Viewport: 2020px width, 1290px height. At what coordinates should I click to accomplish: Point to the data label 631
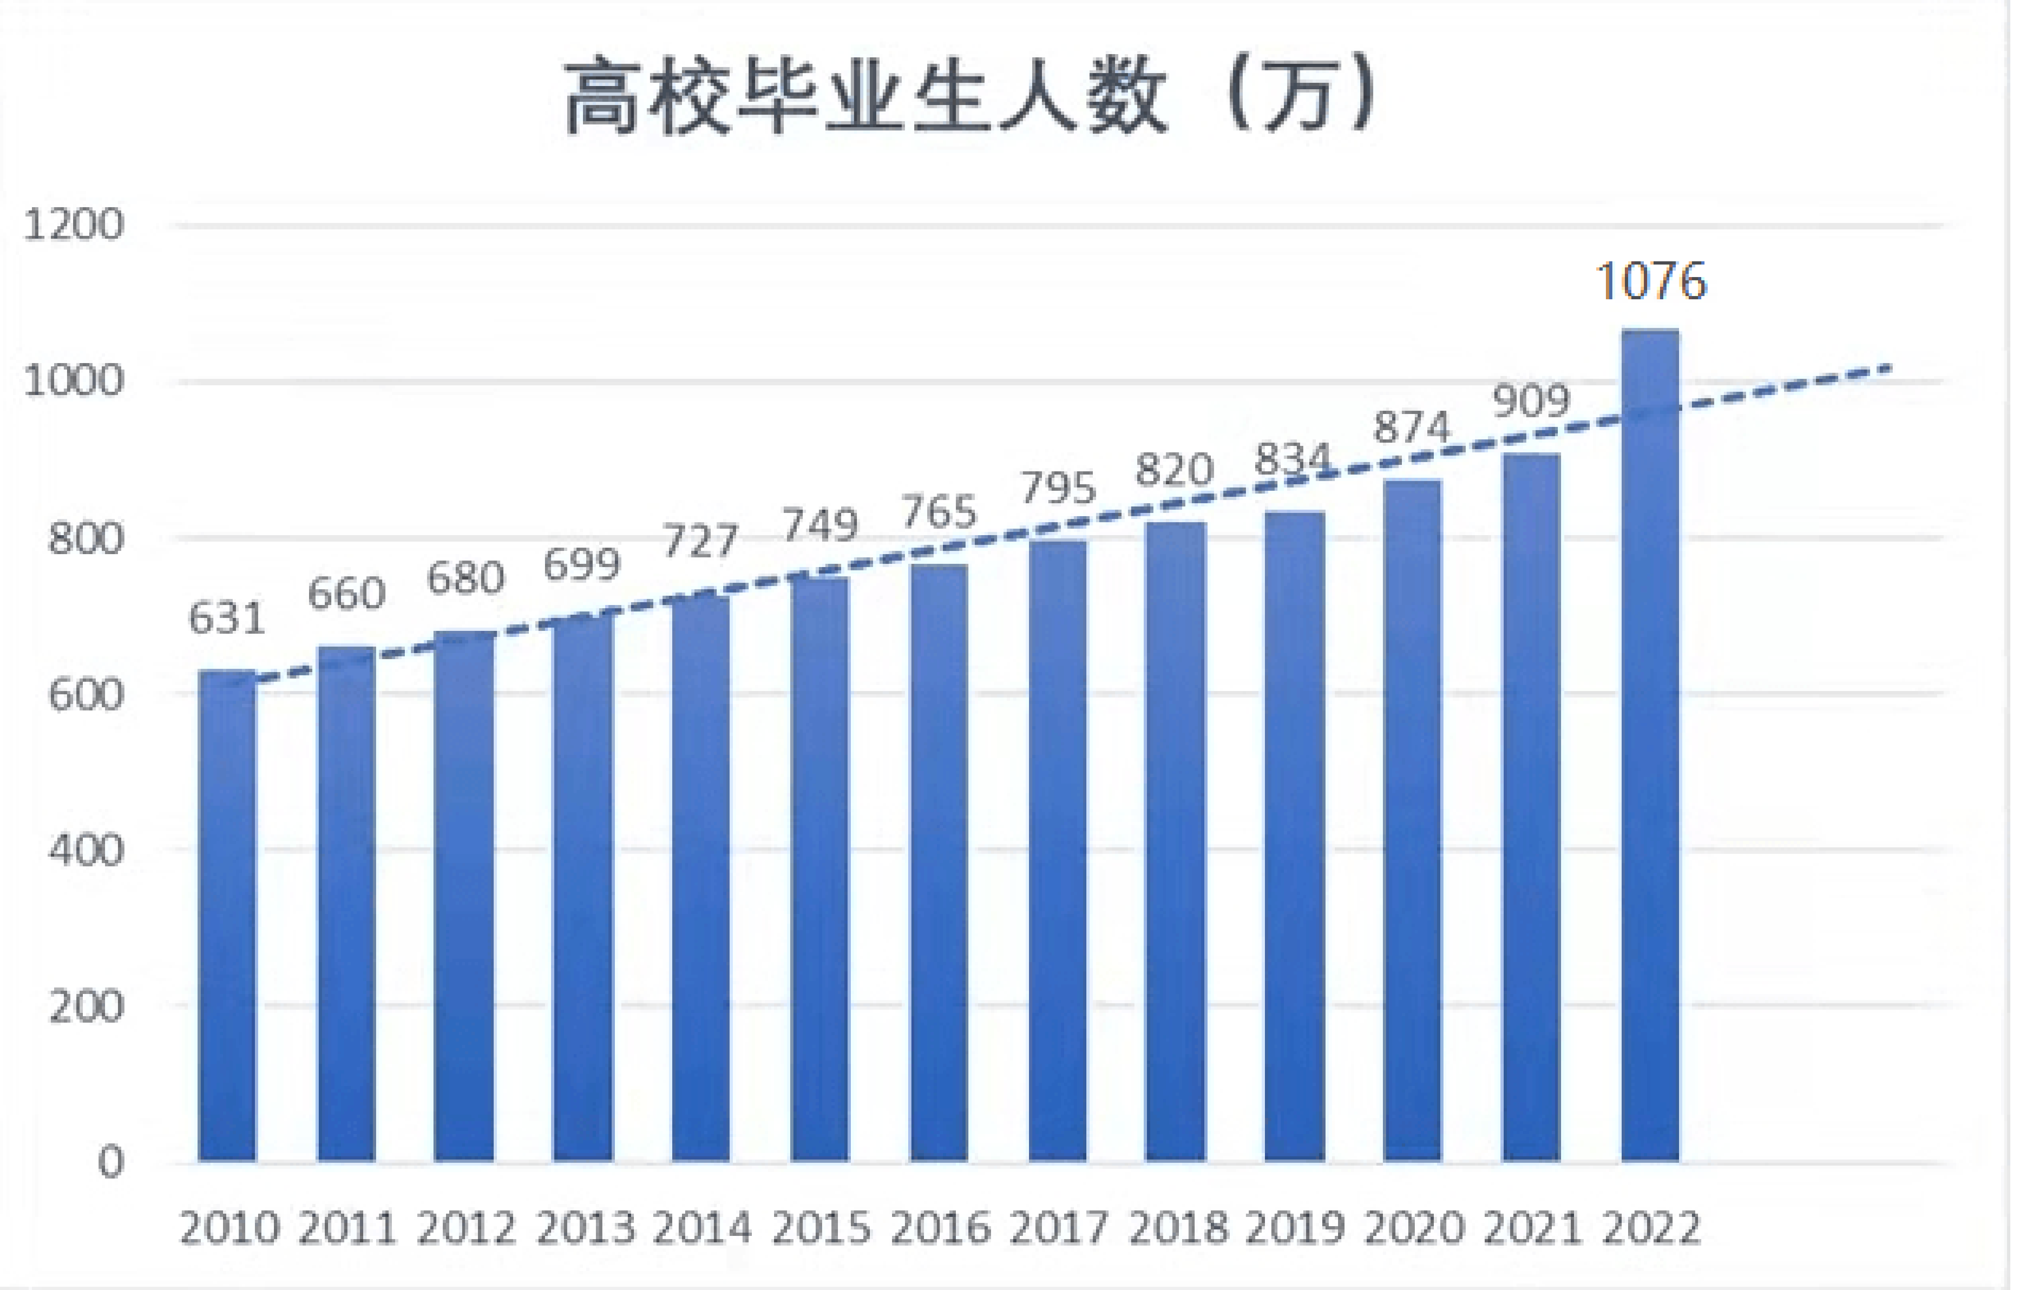(x=227, y=619)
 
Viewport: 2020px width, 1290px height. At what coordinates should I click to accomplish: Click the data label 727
(x=701, y=541)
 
